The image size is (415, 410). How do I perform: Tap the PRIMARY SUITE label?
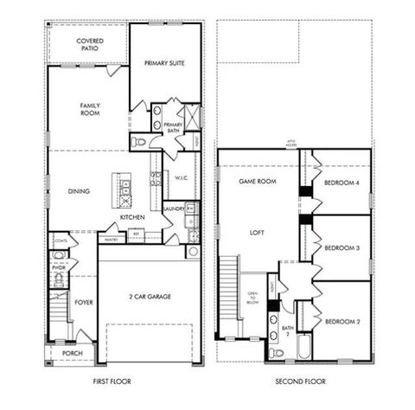165,62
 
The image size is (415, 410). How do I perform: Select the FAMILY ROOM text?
91,109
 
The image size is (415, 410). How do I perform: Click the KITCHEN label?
132,217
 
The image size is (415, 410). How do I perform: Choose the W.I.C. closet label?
181,179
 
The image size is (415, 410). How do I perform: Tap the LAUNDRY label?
174,208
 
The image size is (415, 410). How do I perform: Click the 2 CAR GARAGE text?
150,297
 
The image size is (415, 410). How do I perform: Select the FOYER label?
83,303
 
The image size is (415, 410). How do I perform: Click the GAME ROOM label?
257,182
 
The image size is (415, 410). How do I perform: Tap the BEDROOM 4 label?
342,183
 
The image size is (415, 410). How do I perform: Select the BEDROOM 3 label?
342,248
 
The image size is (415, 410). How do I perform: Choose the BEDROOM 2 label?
342,322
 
